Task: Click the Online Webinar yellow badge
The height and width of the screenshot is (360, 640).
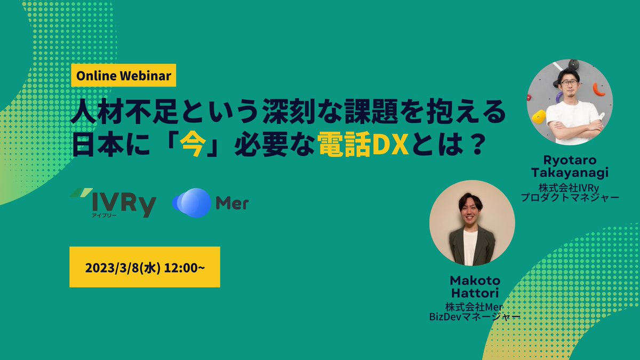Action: [123, 75]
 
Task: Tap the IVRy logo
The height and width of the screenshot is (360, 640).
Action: [113, 203]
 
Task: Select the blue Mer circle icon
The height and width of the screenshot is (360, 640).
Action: [191, 203]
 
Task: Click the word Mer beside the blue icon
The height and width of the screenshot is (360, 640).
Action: [232, 203]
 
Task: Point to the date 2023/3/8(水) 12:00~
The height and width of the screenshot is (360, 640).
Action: [145, 268]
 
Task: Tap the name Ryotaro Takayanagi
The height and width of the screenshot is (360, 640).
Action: [570, 166]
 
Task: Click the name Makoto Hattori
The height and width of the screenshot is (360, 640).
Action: [475, 286]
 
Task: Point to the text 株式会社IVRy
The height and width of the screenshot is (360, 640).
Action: [569, 188]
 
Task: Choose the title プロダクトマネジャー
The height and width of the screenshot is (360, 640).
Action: [570, 197]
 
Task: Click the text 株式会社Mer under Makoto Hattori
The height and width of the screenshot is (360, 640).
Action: [474, 307]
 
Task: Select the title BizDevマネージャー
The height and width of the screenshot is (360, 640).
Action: [475, 317]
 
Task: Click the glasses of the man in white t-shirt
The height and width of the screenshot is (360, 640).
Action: [570, 83]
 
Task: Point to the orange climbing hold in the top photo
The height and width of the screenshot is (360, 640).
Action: [598, 90]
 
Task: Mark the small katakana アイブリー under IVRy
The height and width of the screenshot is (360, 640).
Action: [104, 215]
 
